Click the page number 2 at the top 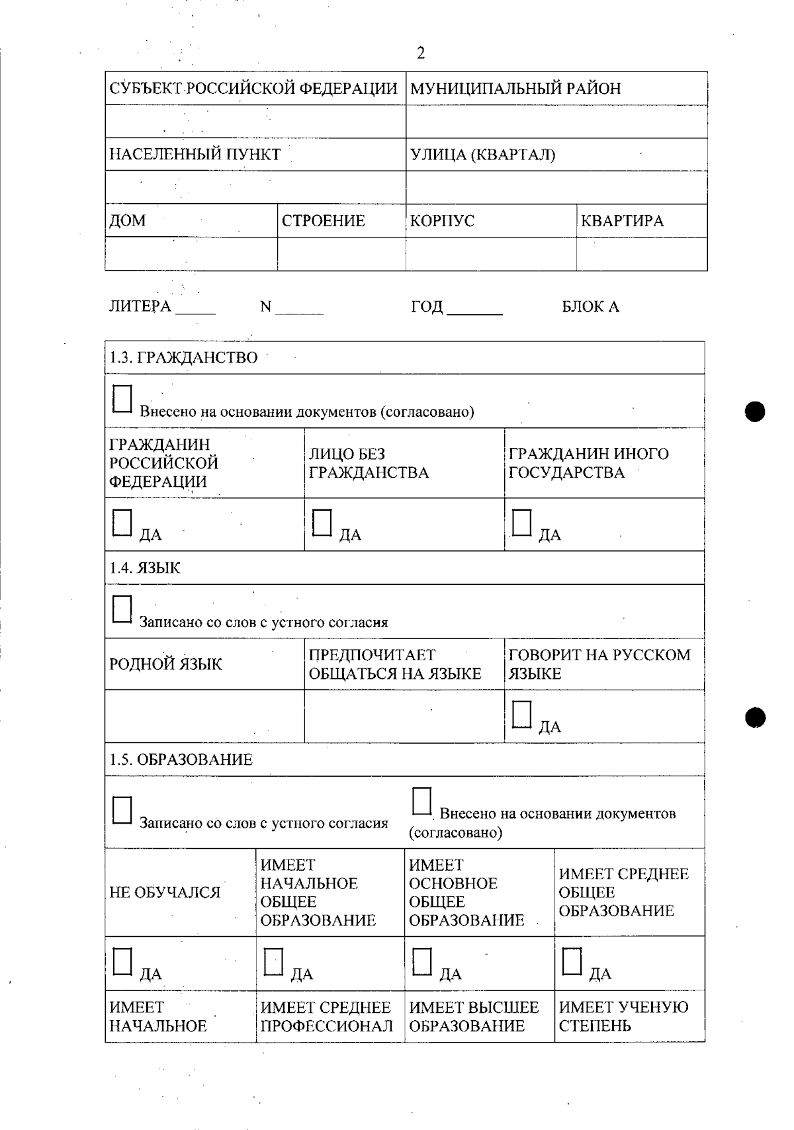(x=421, y=54)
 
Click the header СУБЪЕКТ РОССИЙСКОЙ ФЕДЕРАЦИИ (x=253, y=89)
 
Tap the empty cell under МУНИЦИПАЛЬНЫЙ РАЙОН (x=556, y=122)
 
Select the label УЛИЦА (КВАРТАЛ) (x=482, y=155)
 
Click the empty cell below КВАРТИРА (x=640, y=254)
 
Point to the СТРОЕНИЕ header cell (x=324, y=221)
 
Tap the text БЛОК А (x=590, y=307)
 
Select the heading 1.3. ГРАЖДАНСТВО (x=183, y=358)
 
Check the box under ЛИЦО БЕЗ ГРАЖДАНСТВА (x=322, y=523)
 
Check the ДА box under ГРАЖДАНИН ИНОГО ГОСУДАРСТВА (x=521, y=523)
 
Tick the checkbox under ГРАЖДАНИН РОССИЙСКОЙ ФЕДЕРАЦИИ (x=122, y=523)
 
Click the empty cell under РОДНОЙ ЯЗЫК (x=204, y=716)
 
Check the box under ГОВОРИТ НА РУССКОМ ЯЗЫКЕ (x=521, y=715)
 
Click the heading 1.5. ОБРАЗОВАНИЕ (x=181, y=760)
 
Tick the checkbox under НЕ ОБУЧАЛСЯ (x=122, y=962)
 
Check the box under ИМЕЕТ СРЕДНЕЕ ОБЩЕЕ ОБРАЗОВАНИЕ (x=572, y=962)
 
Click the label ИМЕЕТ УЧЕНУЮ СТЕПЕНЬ (x=623, y=1017)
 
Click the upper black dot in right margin (x=754, y=412)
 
